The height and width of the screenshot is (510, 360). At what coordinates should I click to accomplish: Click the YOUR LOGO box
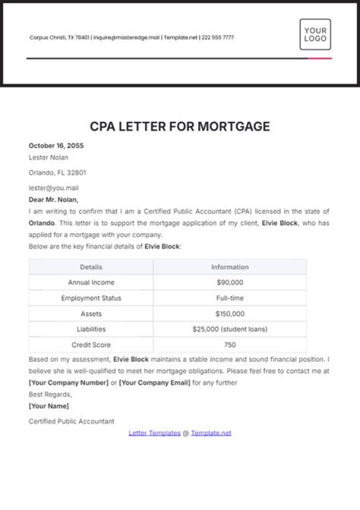315,34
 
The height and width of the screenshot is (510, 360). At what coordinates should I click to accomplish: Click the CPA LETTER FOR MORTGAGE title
180,127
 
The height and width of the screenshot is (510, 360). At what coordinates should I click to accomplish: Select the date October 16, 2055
56,146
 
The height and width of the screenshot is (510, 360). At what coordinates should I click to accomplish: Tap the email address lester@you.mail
53,188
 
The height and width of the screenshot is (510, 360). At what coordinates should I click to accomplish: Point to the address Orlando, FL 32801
57,173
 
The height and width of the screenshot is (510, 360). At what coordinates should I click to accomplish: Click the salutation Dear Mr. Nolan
53,200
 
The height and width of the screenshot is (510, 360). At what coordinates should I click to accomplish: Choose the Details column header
91,267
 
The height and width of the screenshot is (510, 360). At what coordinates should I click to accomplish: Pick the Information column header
229,267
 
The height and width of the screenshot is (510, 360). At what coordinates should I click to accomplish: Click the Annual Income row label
91,282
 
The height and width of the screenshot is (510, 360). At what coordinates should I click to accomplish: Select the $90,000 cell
230,282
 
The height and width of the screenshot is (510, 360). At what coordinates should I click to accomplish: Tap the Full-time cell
230,298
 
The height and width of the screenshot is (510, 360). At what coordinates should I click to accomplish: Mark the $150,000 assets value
230,314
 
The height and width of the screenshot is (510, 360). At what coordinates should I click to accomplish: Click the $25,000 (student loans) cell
230,329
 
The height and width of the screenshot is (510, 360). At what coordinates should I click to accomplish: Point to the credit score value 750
230,345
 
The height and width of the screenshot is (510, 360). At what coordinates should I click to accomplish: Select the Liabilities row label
91,329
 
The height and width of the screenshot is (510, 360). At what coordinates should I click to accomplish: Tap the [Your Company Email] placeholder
154,383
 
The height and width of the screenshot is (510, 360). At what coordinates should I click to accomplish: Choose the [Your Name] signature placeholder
49,406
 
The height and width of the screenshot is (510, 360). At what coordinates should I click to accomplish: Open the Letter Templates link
154,433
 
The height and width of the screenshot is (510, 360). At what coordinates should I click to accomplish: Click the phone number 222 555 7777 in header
218,38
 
